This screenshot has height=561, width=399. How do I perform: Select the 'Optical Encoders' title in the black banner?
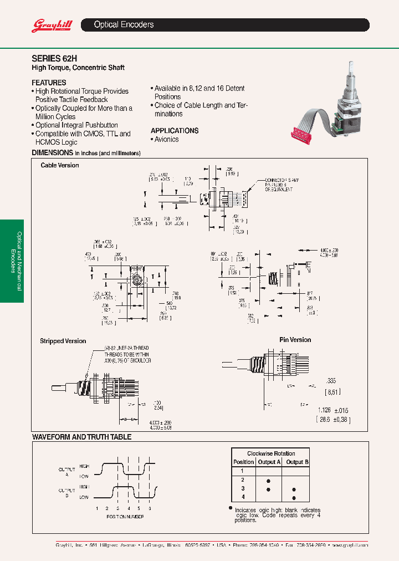click(124, 25)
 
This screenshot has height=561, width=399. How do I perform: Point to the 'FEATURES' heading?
click(49, 82)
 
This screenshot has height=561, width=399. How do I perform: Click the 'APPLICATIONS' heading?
click(175, 131)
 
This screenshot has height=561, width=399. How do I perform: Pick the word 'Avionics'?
click(167, 139)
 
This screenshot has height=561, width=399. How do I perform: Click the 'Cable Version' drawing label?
click(60, 166)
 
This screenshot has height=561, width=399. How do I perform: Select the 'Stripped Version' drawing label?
click(63, 341)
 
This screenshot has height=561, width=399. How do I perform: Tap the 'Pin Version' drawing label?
click(295, 340)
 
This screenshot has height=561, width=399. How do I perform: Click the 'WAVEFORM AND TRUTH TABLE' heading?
click(81, 437)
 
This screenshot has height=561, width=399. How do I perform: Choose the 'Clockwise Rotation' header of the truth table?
click(271, 453)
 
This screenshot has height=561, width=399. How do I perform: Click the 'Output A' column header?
click(269, 462)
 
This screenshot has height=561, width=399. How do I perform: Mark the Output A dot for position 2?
click(269, 480)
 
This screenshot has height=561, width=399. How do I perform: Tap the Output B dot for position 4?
click(294, 498)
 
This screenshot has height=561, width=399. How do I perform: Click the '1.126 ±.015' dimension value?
click(332, 410)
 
